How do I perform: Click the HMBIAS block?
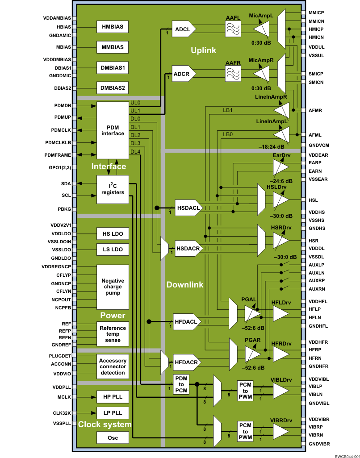(x=113, y=27)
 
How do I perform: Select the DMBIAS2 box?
(x=113, y=87)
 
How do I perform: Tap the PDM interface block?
(x=113, y=130)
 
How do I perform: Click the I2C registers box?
(x=113, y=189)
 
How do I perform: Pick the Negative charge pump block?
(x=113, y=287)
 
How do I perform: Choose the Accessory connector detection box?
(x=113, y=366)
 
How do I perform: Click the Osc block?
(x=113, y=438)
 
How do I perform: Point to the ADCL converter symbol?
(x=184, y=29)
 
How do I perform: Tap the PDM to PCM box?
(x=181, y=384)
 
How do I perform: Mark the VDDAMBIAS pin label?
(x=57, y=18)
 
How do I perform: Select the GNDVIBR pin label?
(x=319, y=444)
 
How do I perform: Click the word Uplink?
(x=203, y=50)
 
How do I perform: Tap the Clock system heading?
(x=105, y=425)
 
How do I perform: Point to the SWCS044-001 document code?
(x=347, y=455)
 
